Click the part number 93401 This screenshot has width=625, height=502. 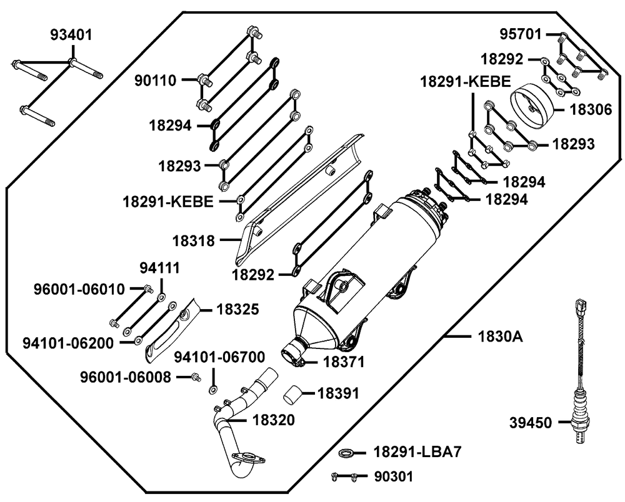[71, 34]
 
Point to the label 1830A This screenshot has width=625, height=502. [500, 337]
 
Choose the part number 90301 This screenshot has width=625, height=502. [394, 476]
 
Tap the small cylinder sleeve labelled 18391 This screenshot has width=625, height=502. [293, 395]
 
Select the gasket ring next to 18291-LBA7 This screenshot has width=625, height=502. [346, 452]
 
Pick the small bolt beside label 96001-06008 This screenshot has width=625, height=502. [196, 376]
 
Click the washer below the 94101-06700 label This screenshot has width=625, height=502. [212, 391]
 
